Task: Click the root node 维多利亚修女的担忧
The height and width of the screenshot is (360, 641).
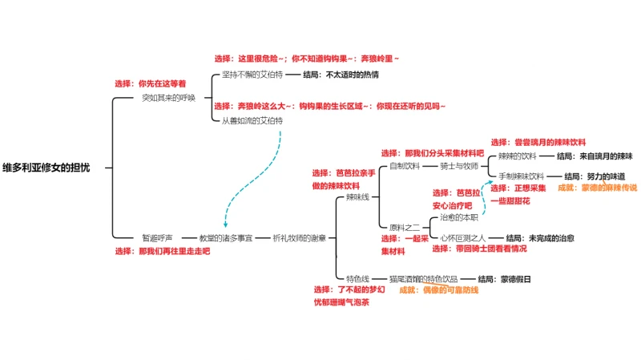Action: pos(46,167)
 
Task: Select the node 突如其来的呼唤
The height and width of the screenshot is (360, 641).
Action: pos(168,98)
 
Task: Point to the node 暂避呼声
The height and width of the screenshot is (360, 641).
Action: pos(158,237)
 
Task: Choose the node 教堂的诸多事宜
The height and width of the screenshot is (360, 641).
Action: pos(226,237)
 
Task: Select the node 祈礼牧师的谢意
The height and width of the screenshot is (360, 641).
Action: pos(300,237)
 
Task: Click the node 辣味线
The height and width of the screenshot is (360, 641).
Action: pos(357,196)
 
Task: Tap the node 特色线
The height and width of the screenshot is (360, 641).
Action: pos(357,278)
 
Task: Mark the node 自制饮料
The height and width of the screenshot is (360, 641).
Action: pos(404,166)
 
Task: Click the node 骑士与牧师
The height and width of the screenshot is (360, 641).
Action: pos(459,166)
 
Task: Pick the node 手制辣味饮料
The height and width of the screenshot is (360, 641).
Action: pos(521,176)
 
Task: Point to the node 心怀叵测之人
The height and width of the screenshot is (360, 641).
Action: pos(464,237)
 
